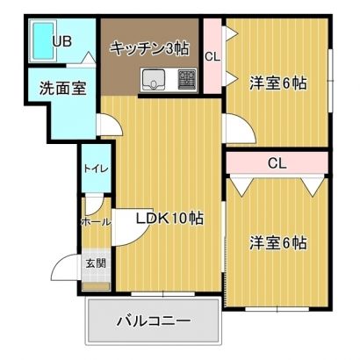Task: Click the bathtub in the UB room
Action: pos(43,40)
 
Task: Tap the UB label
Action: pos(62,41)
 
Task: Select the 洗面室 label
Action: pos(62,88)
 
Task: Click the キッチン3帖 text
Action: pos(149,48)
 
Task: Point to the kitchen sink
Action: pos(154,79)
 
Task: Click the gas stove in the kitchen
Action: pos(187,80)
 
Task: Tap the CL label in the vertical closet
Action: pos(212,57)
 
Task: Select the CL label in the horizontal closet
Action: pos(277,163)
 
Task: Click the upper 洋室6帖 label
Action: pos(278,83)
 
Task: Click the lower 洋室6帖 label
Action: pos(278,242)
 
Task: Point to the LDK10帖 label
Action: pos(169,218)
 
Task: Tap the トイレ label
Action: pos(97,169)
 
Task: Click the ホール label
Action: pos(96,222)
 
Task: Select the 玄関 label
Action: pos(96,263)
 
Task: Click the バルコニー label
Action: pos(154,321)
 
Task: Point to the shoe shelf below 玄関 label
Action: pos(96,286)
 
